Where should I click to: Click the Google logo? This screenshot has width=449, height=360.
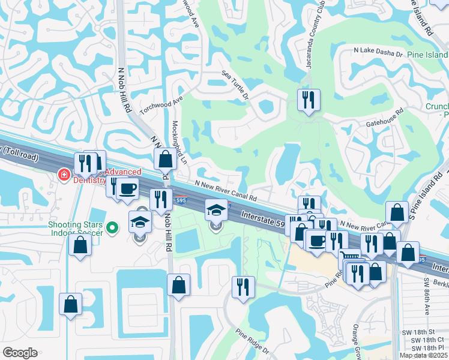click(20, 353)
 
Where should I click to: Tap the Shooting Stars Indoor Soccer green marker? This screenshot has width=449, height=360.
click(112, 228)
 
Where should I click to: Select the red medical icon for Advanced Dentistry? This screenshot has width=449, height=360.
click(62, 175)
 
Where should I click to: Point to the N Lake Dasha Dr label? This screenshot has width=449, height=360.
click(379, 53)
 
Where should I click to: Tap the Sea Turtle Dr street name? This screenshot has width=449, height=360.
click(235, 84)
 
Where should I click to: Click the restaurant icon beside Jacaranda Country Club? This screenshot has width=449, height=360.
click(309, 100)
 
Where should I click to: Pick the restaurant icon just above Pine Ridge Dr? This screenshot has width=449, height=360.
click(243, 287)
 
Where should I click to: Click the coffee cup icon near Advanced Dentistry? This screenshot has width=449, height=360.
click(127, 188)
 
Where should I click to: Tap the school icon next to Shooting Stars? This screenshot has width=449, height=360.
click(140, 221)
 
